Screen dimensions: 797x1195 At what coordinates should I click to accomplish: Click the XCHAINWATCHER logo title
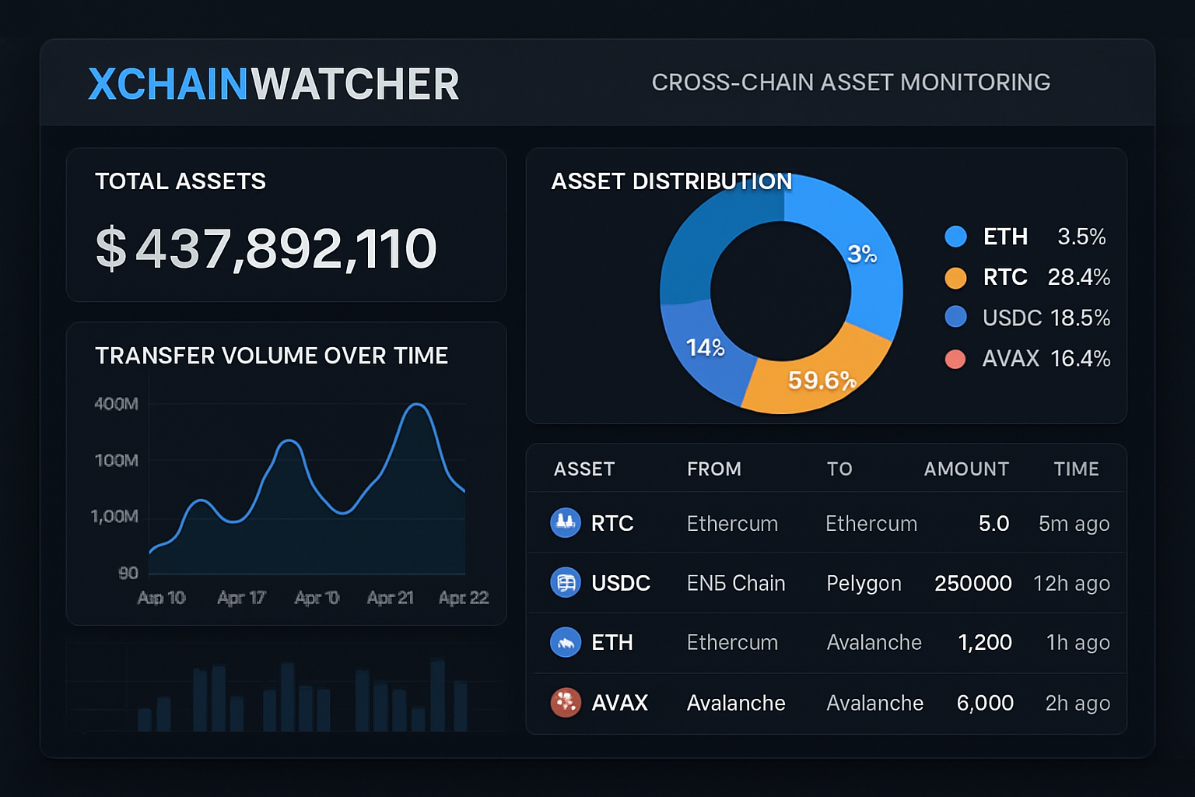pyautogui.click(x=273, y=84)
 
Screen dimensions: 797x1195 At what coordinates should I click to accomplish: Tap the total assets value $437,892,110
pyautogui.click(x=266, y=248)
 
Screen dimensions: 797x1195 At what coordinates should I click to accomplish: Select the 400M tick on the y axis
pyautogui.click(x=116, y=404)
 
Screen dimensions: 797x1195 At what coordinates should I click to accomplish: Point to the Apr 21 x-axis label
pyautogui.click(x=390, y=598)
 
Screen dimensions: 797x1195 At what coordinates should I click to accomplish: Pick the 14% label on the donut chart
pyautogui.click(x=705, y=347)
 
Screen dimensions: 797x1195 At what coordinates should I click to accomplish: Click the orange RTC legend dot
pyautogui.click(x=955, y=278)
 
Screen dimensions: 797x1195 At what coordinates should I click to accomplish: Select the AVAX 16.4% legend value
pyautogui.click(x=1080, y=359)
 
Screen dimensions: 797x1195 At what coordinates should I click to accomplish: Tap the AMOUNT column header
pyautogui.click(x=966, y=469)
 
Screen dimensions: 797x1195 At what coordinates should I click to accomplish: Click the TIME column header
pyautogui.click(x=1076, y=469)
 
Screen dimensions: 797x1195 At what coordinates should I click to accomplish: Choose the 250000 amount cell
pyautogui.click(x=972, y=584)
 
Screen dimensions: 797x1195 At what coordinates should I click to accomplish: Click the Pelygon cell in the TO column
pyautogui.click(x=864, y=584)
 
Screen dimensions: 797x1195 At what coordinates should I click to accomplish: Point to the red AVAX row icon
pyautogui.click(x=566, y=703)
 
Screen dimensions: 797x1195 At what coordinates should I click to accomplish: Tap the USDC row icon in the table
pyautogui.click(x=566, y=583)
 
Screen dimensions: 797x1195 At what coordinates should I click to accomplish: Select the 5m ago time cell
pyautogui.click(x=1074, y=524)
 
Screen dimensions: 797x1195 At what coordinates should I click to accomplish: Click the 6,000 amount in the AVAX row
pyautogui.click(x=985, y=704)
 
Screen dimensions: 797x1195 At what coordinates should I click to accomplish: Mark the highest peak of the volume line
pyautogui.click(x=418, y=405)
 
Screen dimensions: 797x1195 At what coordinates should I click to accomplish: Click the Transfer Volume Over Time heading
pyautogui.click(x=272, y=356)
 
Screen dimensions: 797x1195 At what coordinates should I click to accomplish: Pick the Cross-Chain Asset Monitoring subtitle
pyautogui.click(x=850, y=83)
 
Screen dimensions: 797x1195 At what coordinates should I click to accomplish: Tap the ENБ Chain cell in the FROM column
pyautogui.click(x=736, y=584)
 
